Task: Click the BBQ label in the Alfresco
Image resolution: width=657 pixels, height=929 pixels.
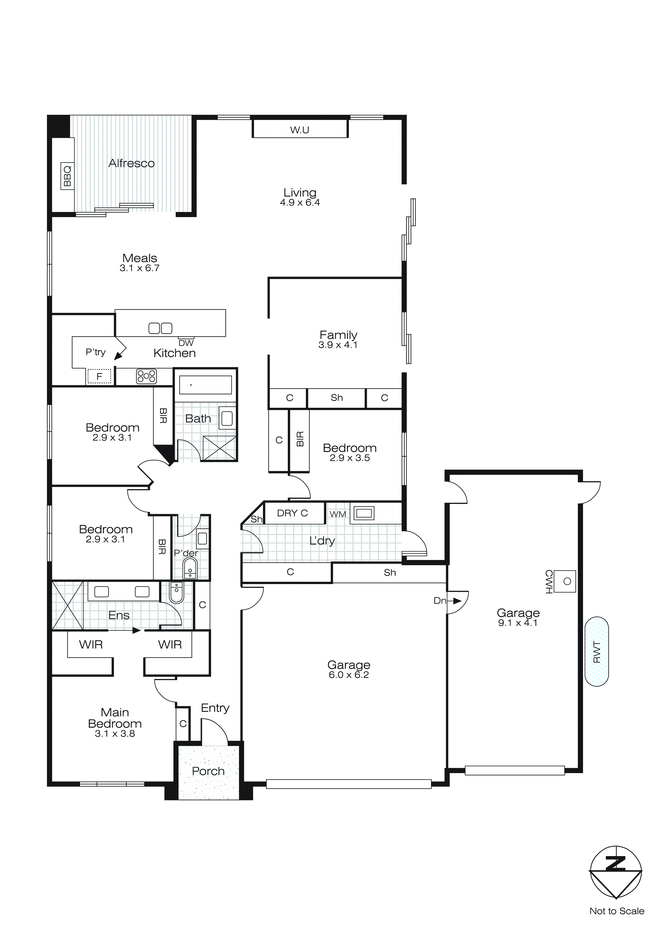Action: (67, 175)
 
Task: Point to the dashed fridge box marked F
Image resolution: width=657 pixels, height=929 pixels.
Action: (99, 377)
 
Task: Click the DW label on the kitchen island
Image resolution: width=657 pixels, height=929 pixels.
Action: (186, 343)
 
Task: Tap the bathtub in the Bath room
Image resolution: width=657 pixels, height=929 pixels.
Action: (205, 385)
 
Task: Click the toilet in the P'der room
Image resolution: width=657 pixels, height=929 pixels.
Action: (190, 568)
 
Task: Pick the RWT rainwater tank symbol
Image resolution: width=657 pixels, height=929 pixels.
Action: (596, 651)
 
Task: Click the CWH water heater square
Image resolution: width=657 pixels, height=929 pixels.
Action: (565, 581)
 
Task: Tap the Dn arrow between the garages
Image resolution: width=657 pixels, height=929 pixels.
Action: (456, 601)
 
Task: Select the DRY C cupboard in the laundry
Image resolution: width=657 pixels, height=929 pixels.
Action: (293, 513)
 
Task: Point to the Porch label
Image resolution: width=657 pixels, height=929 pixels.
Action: (208, 771)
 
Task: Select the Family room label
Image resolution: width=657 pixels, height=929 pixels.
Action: (338, 335)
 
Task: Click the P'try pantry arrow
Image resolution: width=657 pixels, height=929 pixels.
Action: (118, 356)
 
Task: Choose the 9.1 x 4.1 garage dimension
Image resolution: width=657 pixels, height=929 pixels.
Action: (518, 623)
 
